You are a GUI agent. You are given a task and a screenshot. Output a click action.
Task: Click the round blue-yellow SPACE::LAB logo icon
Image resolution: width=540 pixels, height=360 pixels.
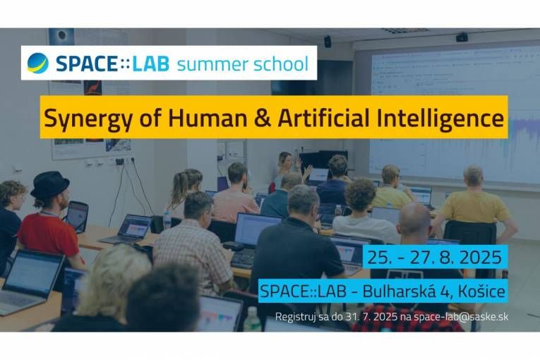point(37,64)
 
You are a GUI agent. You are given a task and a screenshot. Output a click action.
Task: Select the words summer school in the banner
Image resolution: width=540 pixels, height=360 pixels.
point(242,64)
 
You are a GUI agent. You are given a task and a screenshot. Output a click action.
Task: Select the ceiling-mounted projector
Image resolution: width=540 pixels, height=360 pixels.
point(461,37)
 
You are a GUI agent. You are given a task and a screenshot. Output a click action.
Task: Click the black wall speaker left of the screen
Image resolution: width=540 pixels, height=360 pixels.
point(328,41)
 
